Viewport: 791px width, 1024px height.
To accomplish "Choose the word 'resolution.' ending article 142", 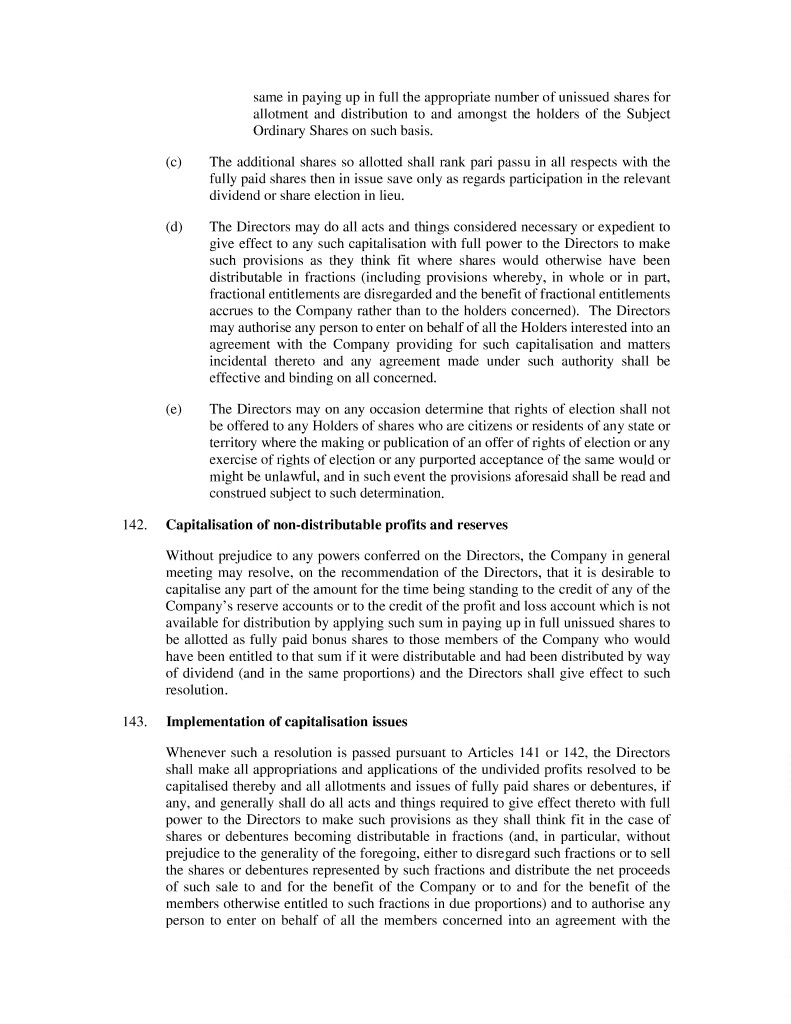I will click(196, 690).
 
